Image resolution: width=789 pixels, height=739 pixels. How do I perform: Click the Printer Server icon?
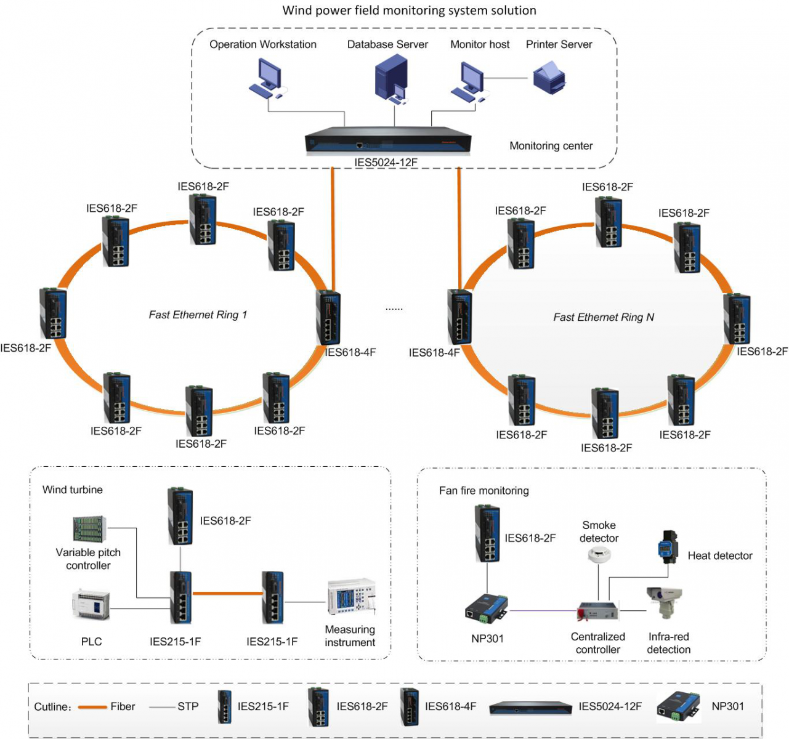549,78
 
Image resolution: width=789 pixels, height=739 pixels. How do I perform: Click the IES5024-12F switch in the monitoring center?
388,139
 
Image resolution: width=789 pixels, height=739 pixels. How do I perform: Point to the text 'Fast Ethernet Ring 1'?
198,315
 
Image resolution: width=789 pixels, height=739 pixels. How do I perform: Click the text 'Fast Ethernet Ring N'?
604,317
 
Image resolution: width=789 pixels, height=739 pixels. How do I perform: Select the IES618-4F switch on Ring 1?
328,318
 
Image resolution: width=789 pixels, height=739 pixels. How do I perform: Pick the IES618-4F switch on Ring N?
459,317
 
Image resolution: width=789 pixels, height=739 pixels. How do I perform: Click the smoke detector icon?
599,554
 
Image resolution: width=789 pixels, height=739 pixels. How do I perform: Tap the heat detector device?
668,547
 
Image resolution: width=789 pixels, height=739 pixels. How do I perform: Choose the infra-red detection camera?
664,602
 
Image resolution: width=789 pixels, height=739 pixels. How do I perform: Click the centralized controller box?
598,612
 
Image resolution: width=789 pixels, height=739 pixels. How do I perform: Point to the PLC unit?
91,604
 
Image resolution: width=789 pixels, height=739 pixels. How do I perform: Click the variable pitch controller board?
90,529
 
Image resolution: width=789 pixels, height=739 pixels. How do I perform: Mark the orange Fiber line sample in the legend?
92,707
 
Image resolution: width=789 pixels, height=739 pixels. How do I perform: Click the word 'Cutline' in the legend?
50,707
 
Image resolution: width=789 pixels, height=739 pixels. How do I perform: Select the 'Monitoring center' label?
551,146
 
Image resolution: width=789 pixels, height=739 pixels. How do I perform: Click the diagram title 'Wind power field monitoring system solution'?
409,10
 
